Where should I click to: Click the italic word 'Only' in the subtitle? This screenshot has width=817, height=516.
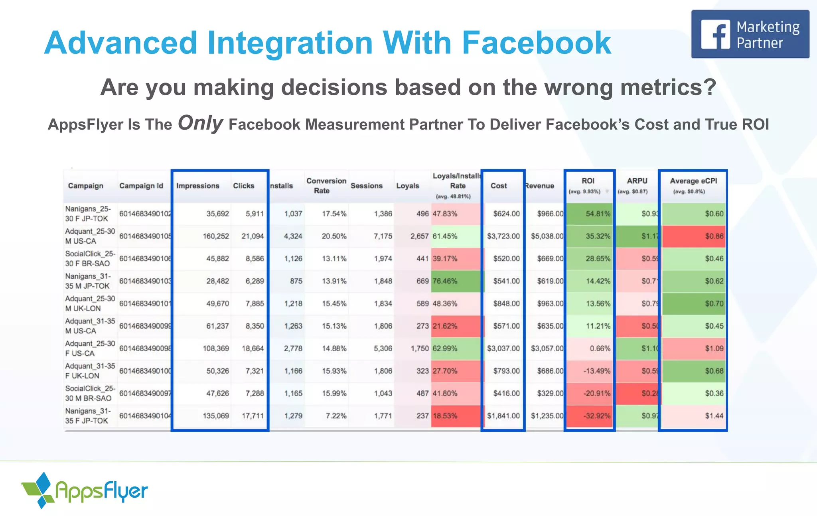tap(200, 123)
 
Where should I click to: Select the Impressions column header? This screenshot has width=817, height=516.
tap(198, 186)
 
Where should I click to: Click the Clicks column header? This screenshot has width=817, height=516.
tap(243, 186)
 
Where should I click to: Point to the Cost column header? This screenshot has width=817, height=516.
tap(499, 186)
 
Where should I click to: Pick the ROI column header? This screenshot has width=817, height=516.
tap(588, 181)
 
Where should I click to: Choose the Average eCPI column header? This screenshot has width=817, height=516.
tap(693, 181)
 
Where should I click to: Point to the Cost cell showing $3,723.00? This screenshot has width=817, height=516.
tap(503, 236)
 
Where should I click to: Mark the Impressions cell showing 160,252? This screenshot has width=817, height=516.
tap(216, 236)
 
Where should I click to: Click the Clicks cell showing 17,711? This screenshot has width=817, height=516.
tap(253, 416)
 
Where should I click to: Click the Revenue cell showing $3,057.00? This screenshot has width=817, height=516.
tap(547, 349)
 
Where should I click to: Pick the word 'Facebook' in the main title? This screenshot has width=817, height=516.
tap(536, 43)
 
